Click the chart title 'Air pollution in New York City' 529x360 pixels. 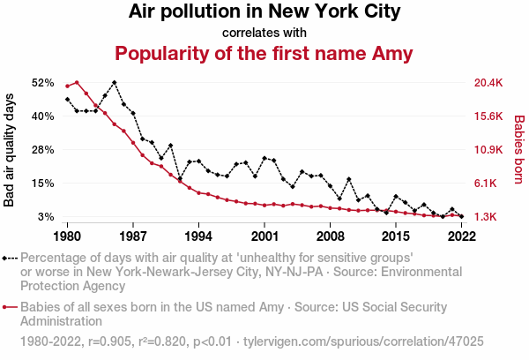(264, 12)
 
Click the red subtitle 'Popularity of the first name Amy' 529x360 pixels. (264, 54)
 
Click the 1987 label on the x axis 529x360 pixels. (133, 236)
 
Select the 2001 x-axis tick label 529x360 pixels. (264, 236)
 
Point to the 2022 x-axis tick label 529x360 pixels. (461, 236)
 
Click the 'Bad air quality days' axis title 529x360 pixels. (11, 150)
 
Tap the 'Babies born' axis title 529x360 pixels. (518, 150)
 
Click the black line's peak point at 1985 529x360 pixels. (115, 82)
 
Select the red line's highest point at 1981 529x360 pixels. (77, 82)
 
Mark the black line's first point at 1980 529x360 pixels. (68, 99)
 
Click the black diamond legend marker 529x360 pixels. (8, 258)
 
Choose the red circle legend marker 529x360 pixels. (8, 307)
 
